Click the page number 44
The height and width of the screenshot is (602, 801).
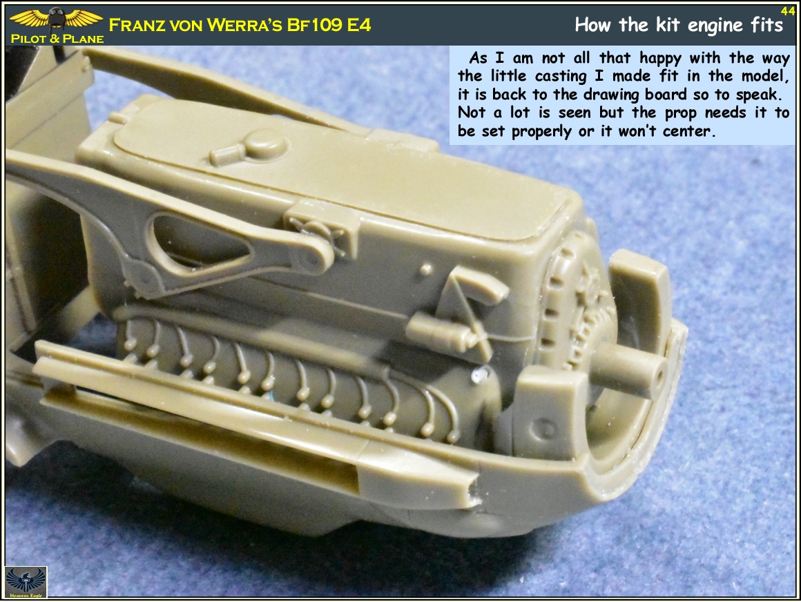787,10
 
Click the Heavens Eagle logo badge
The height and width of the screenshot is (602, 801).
26,581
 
